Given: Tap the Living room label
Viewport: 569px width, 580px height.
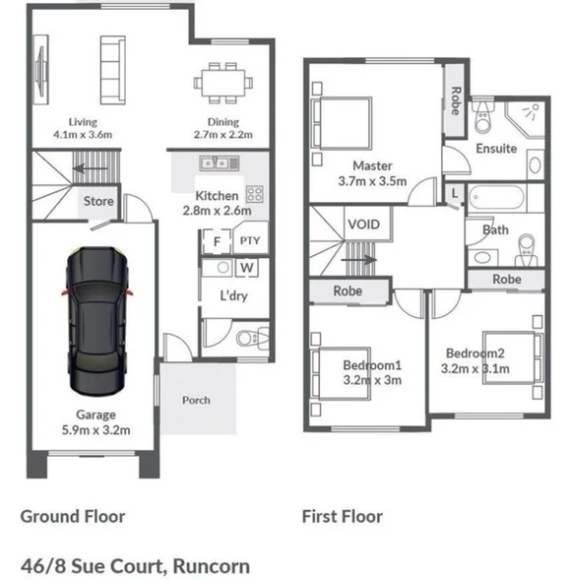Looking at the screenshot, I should pyautogui.click(x=76, y=122).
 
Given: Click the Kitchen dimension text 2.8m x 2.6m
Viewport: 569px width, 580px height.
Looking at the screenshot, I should pyautogui.click(x=217, y=210).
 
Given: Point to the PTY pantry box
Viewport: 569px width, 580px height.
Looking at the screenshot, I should pyautogui.click(x=249, y=240).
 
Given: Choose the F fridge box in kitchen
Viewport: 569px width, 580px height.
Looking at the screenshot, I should pyautogui.click(x=215, y=240).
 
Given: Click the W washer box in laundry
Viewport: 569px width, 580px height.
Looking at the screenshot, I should pyautogui.click(x=246, y=267).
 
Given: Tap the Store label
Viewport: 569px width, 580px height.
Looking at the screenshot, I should pyautogui.click(x=98, y=201).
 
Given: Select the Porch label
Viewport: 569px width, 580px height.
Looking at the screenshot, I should pyautogui.click(x=196, y=400).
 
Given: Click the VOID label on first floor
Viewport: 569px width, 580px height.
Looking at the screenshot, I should pyautogui.click(x=363, y=225).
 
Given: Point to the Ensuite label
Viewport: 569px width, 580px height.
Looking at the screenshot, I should pyautogui.click(x=496, y=149).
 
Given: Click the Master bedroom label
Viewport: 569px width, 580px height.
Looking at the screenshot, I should pyautogui.click(x=373, y=165).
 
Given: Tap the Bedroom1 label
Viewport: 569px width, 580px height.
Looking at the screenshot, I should pyautogui.click(x=366, y=364).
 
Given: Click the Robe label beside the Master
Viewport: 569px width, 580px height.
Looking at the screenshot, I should pyautogui.click(x=455, y=101).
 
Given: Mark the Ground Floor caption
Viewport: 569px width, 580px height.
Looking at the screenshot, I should pyautogui.click(x=73, y=516).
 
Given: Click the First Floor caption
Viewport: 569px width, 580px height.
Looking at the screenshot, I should pyautogui.click(x=343, y=516).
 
